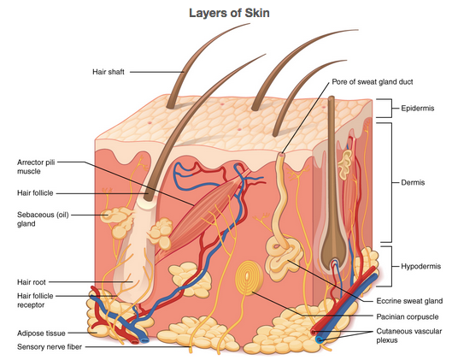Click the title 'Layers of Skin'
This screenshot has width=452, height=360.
click(229, 14)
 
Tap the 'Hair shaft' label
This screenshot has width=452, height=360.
click(109, 72)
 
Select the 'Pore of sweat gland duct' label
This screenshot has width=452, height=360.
click(373, 82)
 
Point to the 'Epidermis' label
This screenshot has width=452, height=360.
click(418, 109)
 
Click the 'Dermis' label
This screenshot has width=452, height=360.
click(413, 182)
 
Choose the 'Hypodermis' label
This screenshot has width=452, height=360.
click(421, 266)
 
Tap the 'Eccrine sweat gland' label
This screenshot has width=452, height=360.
click(409, 301)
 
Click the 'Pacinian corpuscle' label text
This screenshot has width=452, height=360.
click(408, 317)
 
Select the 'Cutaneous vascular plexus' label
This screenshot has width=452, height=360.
click(409, 336)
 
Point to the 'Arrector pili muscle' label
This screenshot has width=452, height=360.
click(36, 167)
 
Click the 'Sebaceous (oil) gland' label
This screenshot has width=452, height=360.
click(43, 219)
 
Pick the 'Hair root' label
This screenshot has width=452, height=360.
click(32, 282)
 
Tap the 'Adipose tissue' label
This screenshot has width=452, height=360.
click(41, 333)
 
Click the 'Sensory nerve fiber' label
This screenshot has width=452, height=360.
click(50, 347)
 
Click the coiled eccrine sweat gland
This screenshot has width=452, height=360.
click(284, 257)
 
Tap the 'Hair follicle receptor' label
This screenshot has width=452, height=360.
click(35, 300)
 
